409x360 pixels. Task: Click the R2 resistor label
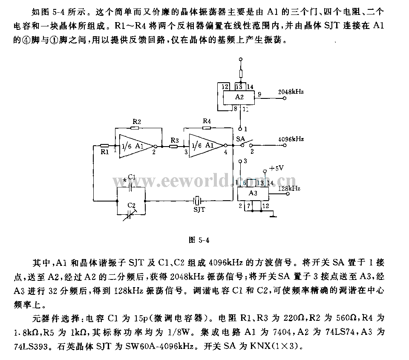click(x=137, y=121)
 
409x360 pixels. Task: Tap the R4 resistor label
click(x=207, y=121)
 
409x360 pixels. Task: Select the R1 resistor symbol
click(x=104, y=146)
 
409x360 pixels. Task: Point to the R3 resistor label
click(x=175, y=140)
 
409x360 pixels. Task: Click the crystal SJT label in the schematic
click(x=199, y=209)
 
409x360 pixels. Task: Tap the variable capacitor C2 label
click(x=132, y=205)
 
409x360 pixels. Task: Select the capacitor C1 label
click(x=132, y=177)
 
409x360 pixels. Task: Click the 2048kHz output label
click(x=291, y=92)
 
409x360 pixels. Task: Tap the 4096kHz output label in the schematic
click(x=291, y=139)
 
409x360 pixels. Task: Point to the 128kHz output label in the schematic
click(x=289, y=188)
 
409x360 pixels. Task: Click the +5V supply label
click(x=276, y=168)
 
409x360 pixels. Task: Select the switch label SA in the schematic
click(x=240, y=139)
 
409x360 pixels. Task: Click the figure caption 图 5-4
click(x=199, y=240)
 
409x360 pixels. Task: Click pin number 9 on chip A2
click(x=259, y=94)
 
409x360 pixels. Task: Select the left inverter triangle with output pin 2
click(x=136, y=147)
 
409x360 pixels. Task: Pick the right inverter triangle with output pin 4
click(x=207, y=146)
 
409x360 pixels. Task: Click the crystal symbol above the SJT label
click(x=197, y=201)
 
